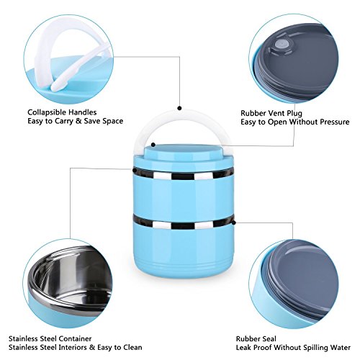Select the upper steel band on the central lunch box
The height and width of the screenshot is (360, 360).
point(179,174)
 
